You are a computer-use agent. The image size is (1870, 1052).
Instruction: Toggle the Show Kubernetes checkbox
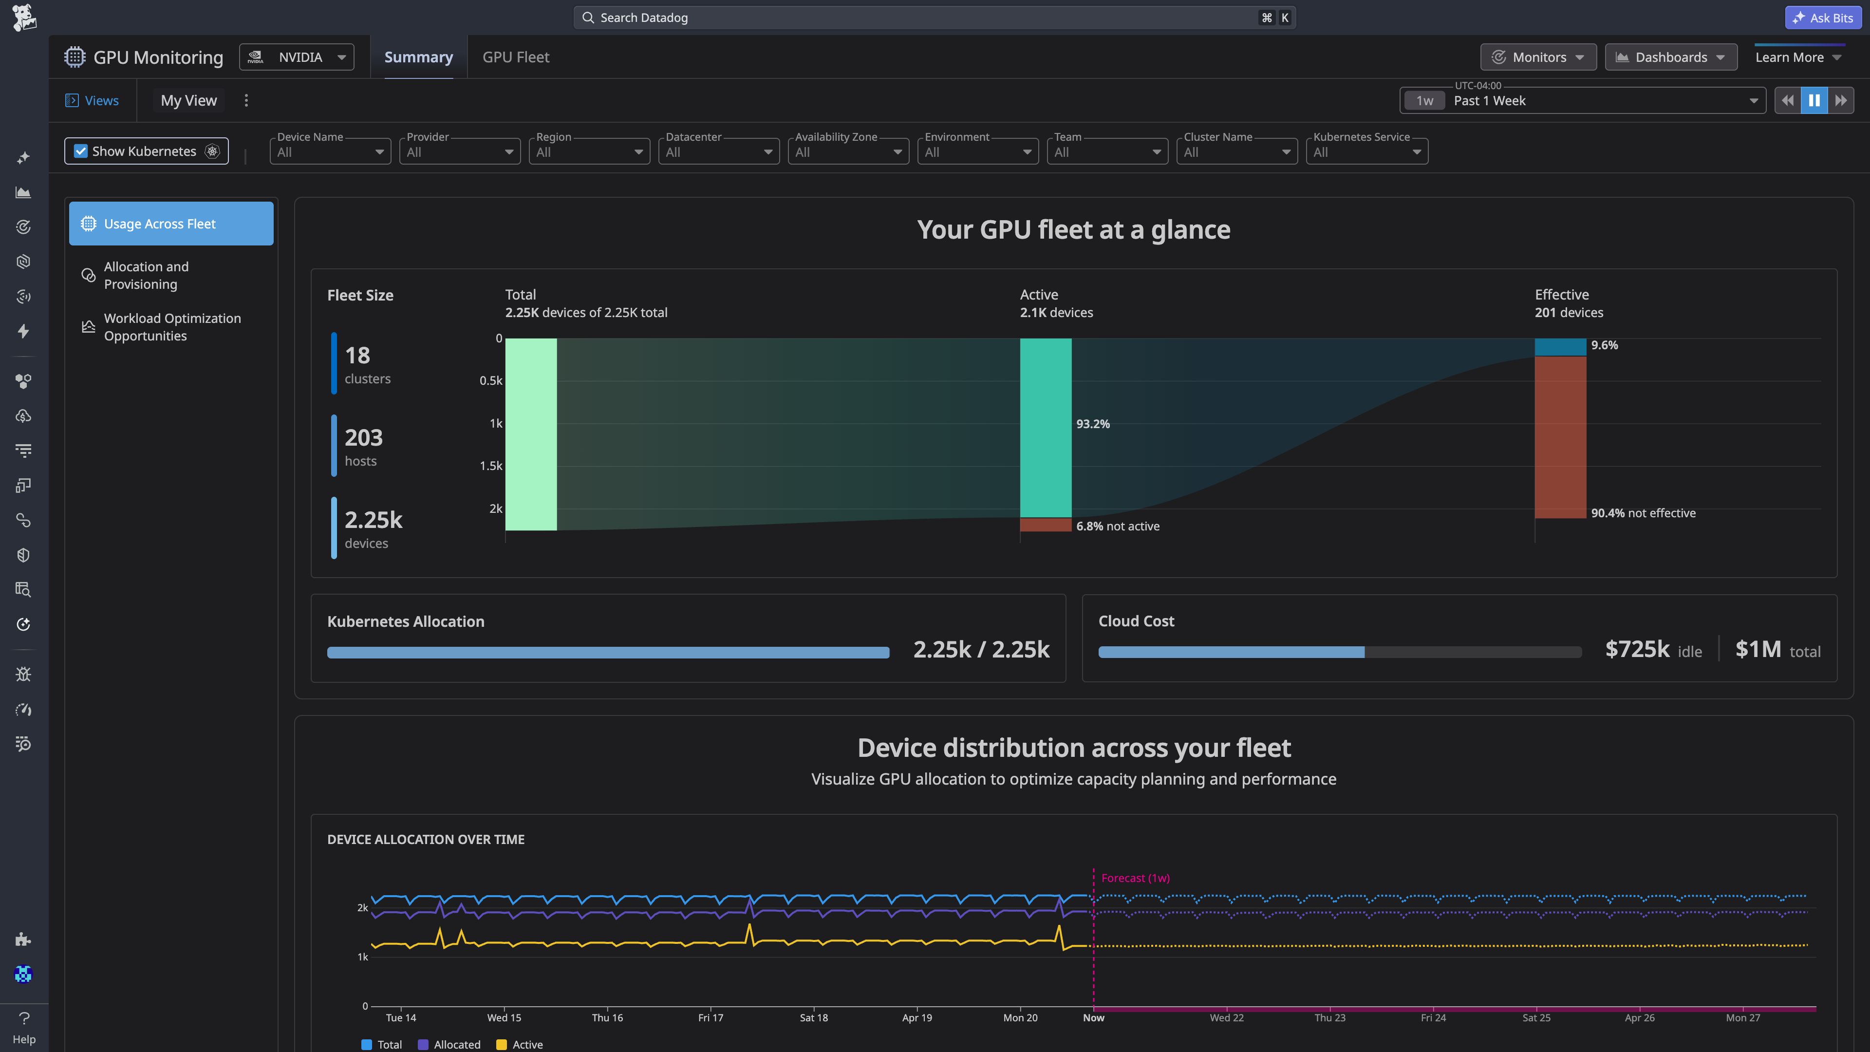click(x=80, y=151)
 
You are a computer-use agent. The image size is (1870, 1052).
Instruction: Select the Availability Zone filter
click(x=848, y=152)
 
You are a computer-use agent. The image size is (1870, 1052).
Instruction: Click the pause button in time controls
click(x=1814, y=100)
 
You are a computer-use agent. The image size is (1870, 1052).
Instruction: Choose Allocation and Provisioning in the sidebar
click(x=146, y=275)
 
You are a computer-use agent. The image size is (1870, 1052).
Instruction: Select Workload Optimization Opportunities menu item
click(x=172, y=327)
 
